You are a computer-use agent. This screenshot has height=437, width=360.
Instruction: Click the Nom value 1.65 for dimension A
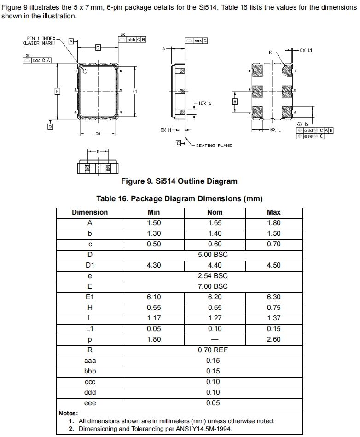pos(215,223)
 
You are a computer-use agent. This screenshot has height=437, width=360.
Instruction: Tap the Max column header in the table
pos(273,212)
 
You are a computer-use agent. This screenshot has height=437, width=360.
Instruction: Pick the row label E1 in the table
pos(90,297)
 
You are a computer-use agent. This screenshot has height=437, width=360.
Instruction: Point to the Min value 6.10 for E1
pos(154,297)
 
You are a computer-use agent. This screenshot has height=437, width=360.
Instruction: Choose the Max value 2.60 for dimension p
pos(273,339)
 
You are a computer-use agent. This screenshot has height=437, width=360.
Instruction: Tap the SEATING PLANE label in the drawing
pos(214,146)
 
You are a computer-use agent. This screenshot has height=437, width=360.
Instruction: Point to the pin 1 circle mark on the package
pos(85,71)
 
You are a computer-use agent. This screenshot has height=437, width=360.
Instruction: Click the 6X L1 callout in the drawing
pos(306,50)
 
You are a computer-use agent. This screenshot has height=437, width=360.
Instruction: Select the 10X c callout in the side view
pos(205,103)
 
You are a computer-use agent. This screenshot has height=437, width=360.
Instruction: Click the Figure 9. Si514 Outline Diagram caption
pos(179,181)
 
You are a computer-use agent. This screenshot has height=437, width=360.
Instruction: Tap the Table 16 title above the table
pos(179,198)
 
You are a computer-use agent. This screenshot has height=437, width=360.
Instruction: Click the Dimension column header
pos(90,212)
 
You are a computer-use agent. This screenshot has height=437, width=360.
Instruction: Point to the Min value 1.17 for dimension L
pos(154,318)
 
